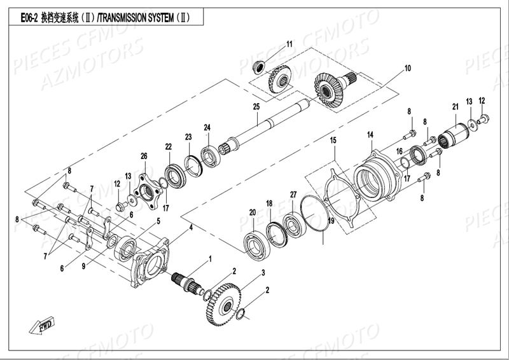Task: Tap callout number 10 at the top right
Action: pyautogui.click(x=407, y=68)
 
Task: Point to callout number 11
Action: pyautogui.click(x=289, y=44)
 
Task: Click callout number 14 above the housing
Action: pyautogui.click(x=370, y=135)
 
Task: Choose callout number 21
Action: pyautogui.click(x=456, y=106)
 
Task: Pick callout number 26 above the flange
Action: pyautogui.click(x=144, y=156)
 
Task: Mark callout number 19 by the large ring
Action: pyautogui.click(x=330, y=221)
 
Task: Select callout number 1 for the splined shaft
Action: pyautogui.click(x=211, y=259)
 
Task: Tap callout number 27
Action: pyautogui.click(x=293, y=194)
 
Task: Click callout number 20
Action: pyautogui.click(x=253, y=212)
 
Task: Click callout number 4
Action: pyautogui.click(x=190, y=227)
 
